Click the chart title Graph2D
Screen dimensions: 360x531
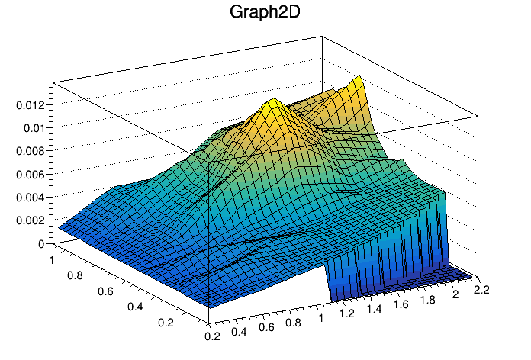click(x=265, y=14)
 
